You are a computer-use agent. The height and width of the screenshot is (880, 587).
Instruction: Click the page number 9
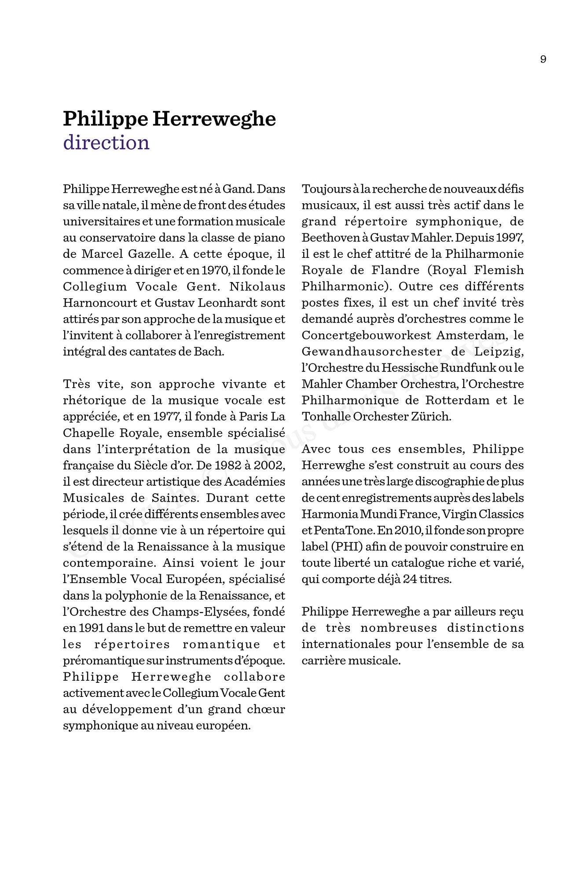tap(543, 59)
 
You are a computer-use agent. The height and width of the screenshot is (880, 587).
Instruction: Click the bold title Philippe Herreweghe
tap(169, 119)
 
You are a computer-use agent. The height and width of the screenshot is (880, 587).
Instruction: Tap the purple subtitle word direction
tap(106, 143)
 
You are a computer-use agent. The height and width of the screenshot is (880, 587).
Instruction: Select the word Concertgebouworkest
tap(367, 336)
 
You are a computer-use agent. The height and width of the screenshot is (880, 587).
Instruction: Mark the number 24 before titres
tap(410, 579)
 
